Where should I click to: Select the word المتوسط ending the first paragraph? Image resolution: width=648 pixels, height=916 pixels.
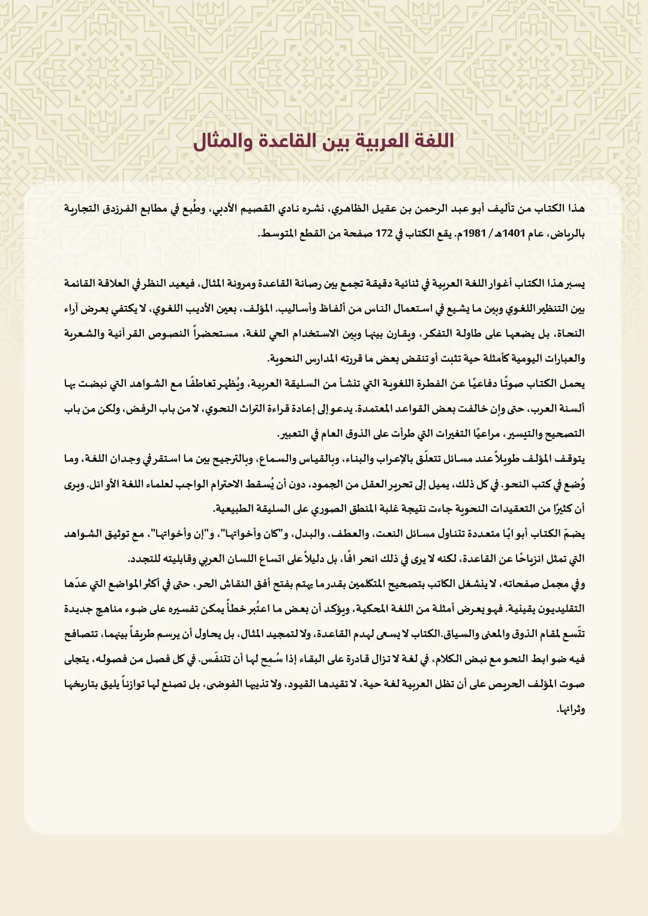(x=278, y=233)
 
